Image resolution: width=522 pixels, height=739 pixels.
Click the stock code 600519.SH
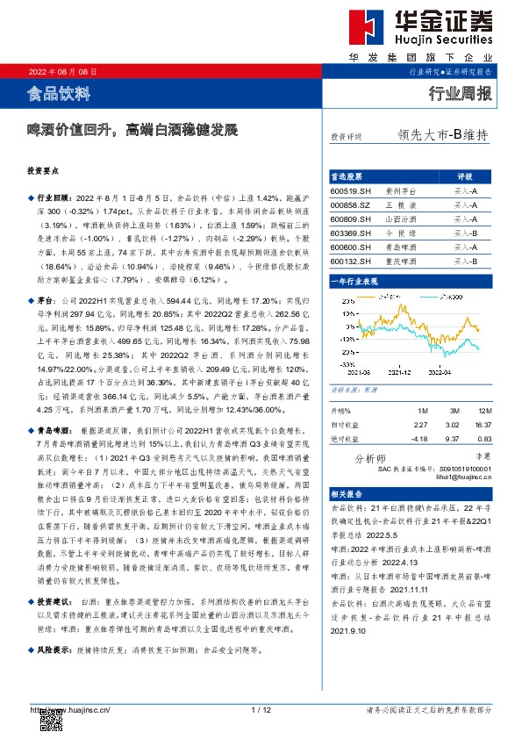coord(351,190)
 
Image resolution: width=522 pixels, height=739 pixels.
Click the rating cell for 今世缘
coord(465,233)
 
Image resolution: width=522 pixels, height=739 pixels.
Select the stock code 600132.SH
coord(351,262)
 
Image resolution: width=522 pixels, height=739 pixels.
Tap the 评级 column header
coord(465,176)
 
